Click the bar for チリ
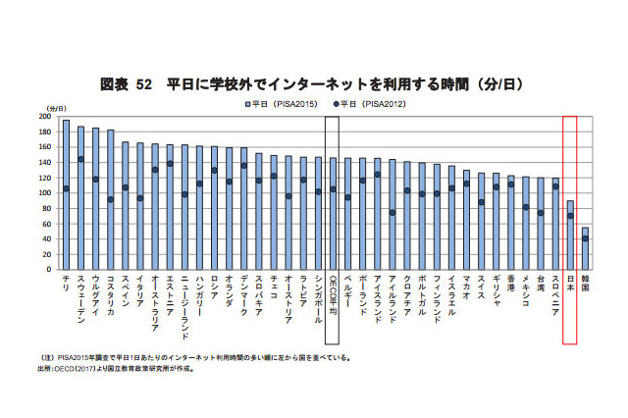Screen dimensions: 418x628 click(66, 196)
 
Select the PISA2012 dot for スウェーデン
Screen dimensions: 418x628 click(80, 159)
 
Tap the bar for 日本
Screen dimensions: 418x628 click(569, 235)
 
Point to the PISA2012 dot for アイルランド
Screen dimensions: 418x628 click(392, 212)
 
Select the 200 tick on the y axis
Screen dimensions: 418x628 click(44, 117)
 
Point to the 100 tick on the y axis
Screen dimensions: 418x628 click(44, 193)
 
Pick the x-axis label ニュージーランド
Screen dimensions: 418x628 click(184, 304)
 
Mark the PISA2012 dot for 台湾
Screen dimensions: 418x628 click(540, 213)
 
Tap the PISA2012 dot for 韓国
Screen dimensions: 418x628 click(585, 238)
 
